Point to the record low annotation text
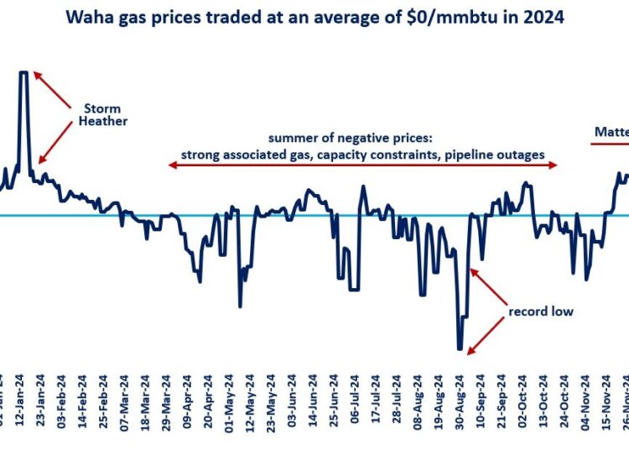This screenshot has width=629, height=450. tap(541, 311)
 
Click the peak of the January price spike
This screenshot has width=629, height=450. tap(23, 73)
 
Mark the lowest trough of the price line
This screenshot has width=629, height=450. tap(460, 348)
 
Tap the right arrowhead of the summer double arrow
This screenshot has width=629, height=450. tap(554, 166)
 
